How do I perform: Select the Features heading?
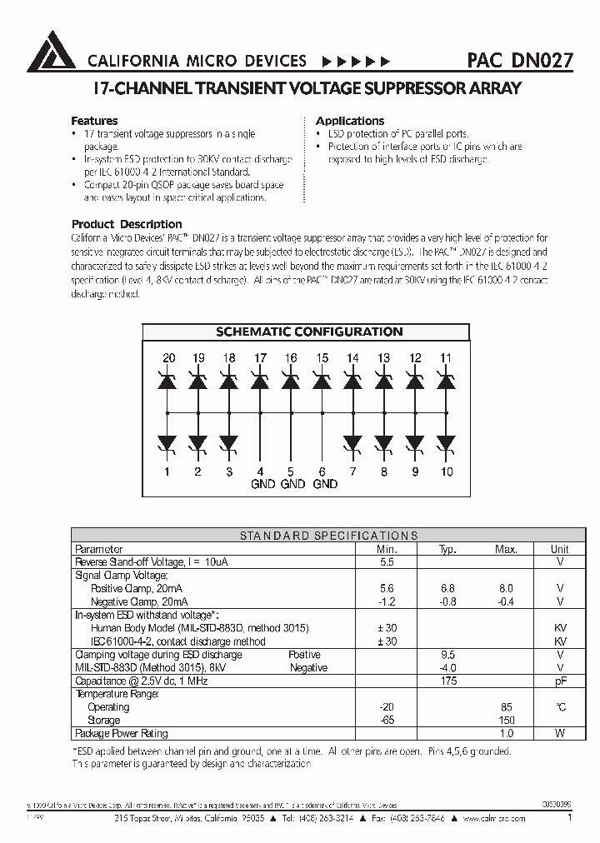pos(94,121)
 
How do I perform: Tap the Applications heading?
pos(350,121)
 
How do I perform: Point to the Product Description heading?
pos(127,224)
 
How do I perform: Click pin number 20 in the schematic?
pos(168,357)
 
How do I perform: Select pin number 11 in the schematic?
pos(446,357)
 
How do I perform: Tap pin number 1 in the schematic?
pos(168,471)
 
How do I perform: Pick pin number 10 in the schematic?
pos(447,471)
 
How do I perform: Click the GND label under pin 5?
pos(292,484)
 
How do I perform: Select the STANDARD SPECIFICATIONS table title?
pos(328,536)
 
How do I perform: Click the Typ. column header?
pos(448,549)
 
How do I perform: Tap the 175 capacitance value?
pos(448,681)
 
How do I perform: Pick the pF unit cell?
pos(560,681)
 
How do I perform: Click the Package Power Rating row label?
pos(122,733)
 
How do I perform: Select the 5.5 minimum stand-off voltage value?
pos(386,562)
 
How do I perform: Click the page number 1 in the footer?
pos(569,818)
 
